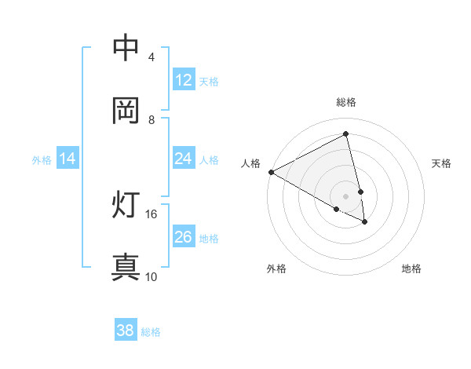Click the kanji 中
(x=126, y=48)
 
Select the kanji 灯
(x=126, y=205)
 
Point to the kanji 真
(x=126, y=268)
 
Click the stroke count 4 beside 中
(x=151, y=57)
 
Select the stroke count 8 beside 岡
(x=151, y=120)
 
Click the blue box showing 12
(x=183, y=80)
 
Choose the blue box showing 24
(x=183, y=159)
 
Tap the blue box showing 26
(x=183, y=237)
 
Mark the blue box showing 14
(x=68, y=159)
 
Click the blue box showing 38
(x=126, y=331)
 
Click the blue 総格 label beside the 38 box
(x=151, y=332)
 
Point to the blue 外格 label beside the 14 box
(x=42, y=160)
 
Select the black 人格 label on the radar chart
(x=250, y=163)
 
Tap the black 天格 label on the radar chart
(x=442, y=163)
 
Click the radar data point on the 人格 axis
(x=271, y=172)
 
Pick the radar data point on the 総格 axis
(x=346, y=134)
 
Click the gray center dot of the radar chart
(x=346, y=195)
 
